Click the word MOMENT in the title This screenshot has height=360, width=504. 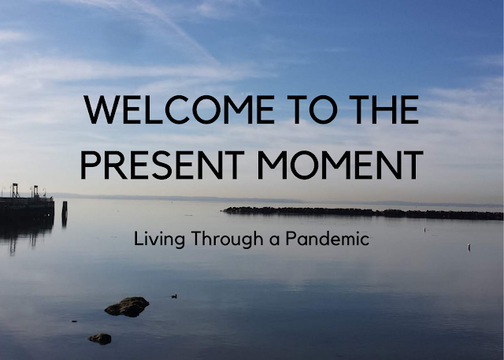point(340,165)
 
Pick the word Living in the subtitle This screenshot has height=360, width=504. point(159,239)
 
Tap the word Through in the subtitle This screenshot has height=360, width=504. point(227,239)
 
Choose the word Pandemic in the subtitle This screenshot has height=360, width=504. point(328,238)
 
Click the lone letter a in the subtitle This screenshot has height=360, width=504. point(274,241)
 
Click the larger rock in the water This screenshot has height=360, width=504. point(127,306)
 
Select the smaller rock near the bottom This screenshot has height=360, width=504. point(100,339)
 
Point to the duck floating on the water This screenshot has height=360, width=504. point(174,296)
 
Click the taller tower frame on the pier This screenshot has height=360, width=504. point(15,191)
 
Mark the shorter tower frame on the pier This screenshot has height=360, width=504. point(35,191)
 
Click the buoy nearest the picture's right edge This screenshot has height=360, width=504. point(469,247)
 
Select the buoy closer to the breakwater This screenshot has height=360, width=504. point(424,229)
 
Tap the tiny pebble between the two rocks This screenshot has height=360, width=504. point(74,321)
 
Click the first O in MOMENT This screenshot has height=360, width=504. point(304,165)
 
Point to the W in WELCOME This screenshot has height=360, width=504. point(102,109)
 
